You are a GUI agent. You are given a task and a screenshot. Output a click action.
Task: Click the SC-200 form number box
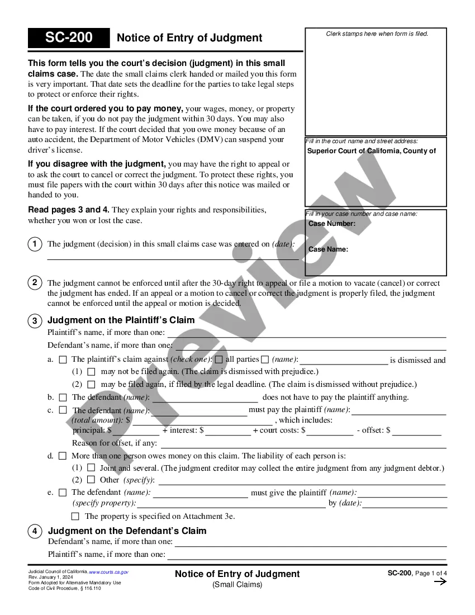[69, 38]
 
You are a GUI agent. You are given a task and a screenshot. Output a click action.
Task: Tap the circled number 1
[35, 244]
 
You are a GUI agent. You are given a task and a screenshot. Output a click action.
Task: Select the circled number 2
[35, 283]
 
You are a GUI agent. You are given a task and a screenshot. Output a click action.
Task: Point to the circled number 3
[35, 321]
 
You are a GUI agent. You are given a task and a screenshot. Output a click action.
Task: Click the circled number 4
[35, 531]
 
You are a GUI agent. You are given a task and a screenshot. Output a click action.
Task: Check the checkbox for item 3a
[63, 359]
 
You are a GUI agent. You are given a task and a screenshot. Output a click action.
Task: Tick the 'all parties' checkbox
[219, 359]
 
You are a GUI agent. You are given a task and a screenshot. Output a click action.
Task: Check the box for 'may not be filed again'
[91, 371]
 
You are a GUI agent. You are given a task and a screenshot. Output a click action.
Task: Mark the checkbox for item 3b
[63, 397]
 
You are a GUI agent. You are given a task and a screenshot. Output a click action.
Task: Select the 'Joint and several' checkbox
[91, 467]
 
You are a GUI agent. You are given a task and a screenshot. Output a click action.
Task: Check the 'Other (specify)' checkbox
[91, 480]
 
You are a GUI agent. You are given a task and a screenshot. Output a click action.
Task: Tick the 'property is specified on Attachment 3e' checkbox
[75, 516]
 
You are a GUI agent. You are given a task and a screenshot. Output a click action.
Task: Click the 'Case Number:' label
[332, 224]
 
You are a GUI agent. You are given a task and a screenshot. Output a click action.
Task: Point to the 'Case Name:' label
[328, 249]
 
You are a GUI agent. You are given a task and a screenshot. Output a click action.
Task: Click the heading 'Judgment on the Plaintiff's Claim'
[121, 320]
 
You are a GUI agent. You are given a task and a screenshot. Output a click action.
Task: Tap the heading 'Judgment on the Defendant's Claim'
[127, 531]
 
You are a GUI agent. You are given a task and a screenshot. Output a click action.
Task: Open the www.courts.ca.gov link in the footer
[109, 572]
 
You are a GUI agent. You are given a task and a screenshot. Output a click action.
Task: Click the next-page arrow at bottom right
[440, 581]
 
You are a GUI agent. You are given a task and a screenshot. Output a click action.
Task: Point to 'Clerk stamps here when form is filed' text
[377, 34]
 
